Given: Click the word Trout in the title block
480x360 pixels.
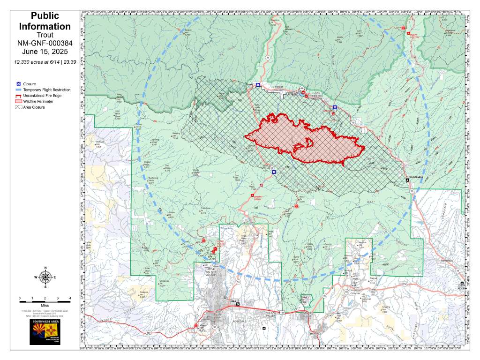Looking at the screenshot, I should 45,35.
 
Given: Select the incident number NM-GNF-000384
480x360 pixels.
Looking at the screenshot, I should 45,44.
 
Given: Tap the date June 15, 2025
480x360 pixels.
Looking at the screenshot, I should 45,52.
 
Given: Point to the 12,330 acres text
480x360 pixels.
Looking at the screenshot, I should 45,62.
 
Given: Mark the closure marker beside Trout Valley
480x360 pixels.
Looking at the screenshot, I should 258,85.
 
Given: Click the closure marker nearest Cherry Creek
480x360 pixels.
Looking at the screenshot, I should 274,172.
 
